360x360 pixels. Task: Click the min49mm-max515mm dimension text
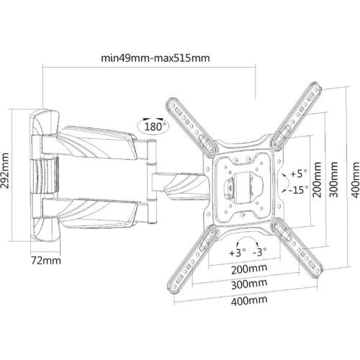tap(156, 58)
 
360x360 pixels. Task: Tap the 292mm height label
tap(5, 171)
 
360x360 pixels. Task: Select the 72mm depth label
tap(46, 261)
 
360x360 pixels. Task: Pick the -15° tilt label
tap(299, 190)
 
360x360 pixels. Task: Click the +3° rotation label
tap(238, 253)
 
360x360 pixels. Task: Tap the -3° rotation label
tap(260, 252)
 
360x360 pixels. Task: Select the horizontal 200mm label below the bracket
tap(249, 269)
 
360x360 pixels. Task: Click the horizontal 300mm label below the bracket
tap(249, 284)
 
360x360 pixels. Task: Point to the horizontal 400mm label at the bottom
tap(249, 300)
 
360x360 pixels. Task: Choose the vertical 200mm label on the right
tap(317, 180)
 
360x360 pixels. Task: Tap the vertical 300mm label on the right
tap(333, 180)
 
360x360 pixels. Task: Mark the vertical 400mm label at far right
tap(356, 180)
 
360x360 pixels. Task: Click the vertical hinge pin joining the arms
tap(151, 181)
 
